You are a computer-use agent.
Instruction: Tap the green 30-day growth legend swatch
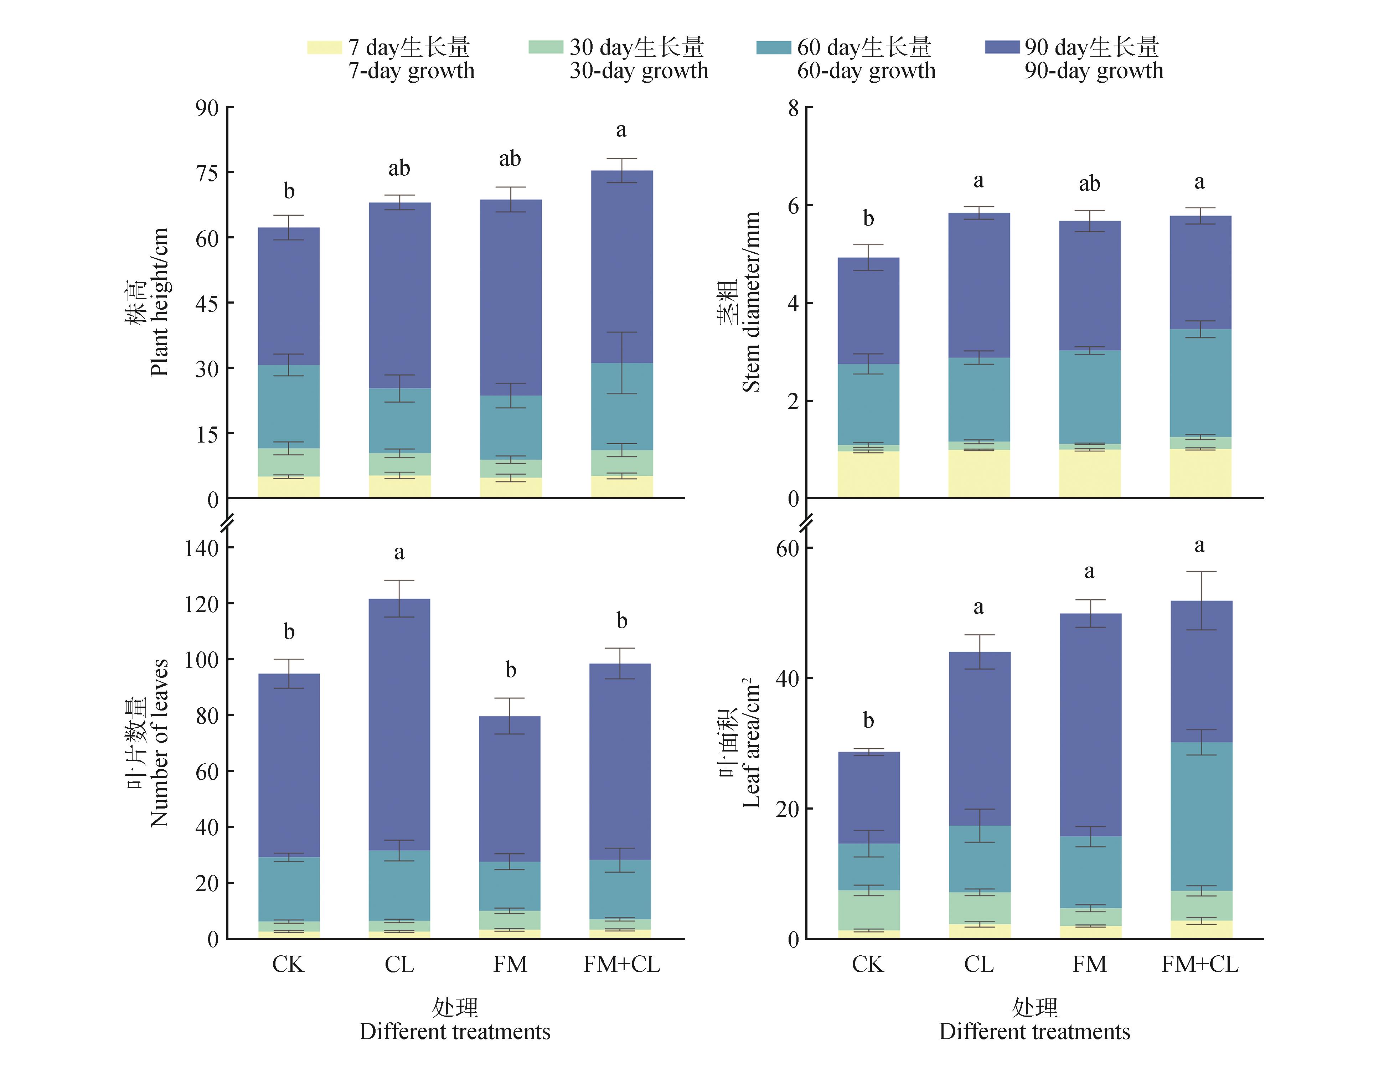pos(546,48)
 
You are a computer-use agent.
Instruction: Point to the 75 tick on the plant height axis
pos(207,173)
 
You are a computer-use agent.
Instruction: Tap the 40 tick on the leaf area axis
pos(788,678)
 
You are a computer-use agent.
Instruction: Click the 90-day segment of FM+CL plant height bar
pos(621,267)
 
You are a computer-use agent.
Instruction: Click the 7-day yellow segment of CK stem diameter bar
pos(868,474)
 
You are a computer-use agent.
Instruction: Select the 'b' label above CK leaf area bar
pos(868,721)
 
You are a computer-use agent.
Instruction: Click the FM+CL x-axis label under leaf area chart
pos(1200,965)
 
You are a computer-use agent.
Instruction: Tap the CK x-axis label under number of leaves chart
pos(288,965)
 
